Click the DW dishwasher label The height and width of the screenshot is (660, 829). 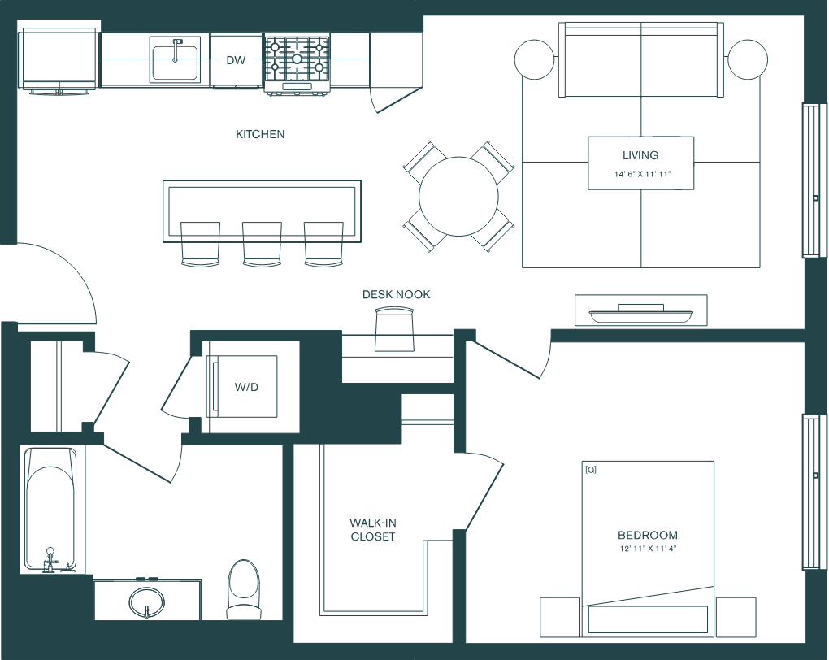coord(236,59)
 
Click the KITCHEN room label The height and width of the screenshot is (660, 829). coord(260,134)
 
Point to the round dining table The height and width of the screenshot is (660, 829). coord(458,196)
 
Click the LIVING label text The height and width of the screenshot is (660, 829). coord(640,155)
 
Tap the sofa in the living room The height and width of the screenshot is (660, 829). coord(641,59)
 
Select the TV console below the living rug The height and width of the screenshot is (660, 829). coord(640,310)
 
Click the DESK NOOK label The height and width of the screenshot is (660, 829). coord(397,294)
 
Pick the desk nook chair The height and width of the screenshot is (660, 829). coord(396,332)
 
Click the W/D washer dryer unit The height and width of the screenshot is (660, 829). coord(245,387)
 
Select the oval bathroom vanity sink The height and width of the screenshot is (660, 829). coord(146,601)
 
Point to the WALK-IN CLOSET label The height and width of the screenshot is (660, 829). coord(373,529)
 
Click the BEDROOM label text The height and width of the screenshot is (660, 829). coord(648,535)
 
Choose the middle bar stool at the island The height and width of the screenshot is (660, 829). coord(262,245)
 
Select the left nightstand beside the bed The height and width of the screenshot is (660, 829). coord(561,617)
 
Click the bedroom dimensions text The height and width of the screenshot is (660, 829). coord(648,549)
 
